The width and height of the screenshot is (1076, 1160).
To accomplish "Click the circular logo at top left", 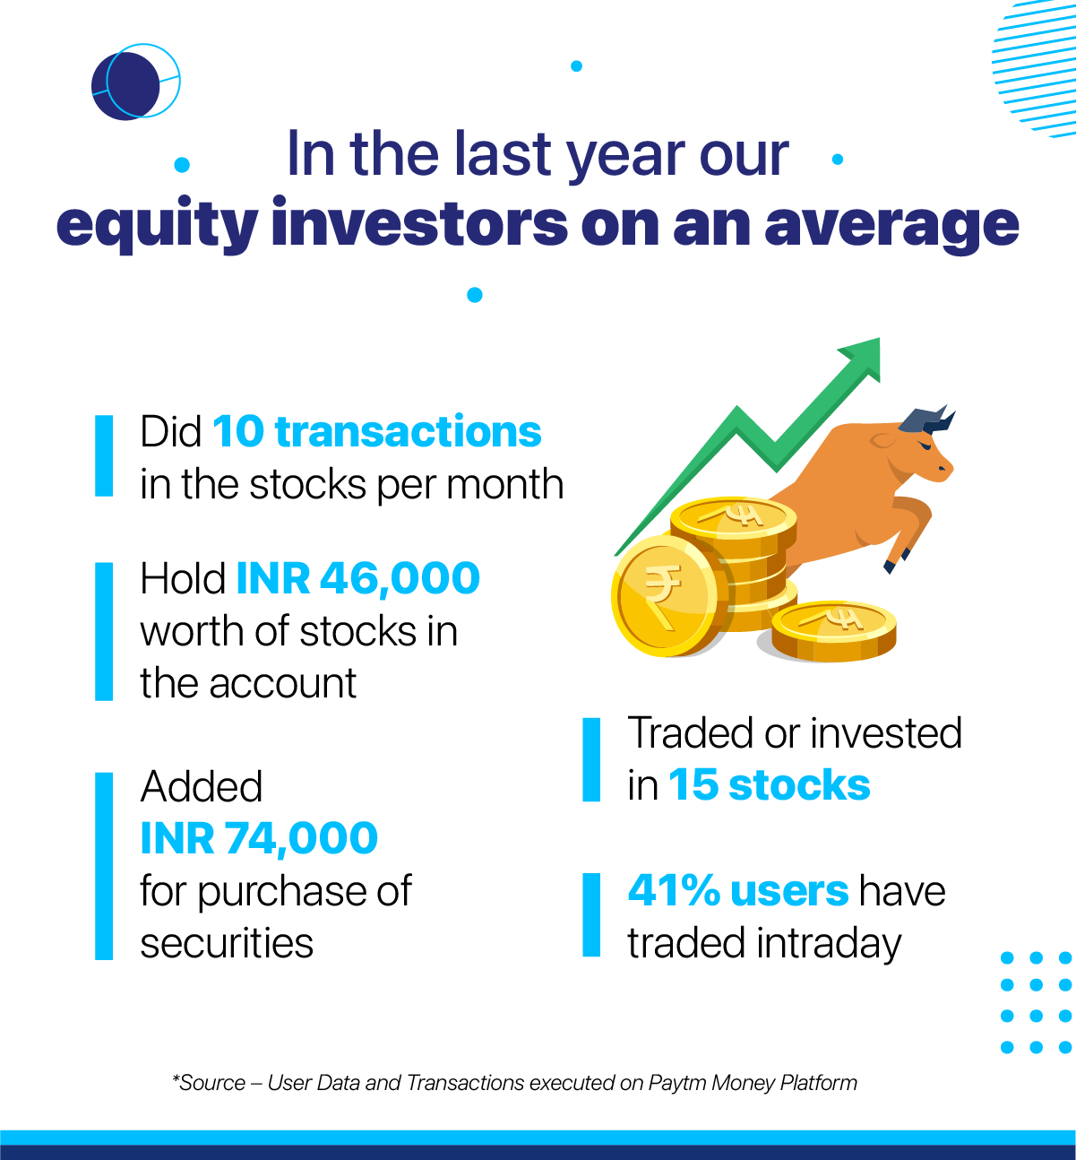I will click(x=134, y=82).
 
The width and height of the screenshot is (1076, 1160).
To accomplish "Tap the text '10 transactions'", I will click(x=376, y=432).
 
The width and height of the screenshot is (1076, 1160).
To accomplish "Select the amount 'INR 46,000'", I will click(x=357, y=579).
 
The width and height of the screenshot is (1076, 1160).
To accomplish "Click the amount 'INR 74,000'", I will click(x=259, y=839).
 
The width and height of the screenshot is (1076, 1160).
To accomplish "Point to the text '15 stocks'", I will click(x=769, y=785).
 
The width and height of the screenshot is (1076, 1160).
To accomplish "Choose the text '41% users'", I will click(x=737, y=891).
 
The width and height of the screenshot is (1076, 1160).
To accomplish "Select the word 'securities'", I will click(x=227, y=944).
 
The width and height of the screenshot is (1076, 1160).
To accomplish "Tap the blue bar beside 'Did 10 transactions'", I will click(x=104, y=455).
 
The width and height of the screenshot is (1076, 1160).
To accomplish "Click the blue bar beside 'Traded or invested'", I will click(x=591, y=759).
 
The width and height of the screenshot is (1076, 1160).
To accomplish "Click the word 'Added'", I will click(x=202, y=787).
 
